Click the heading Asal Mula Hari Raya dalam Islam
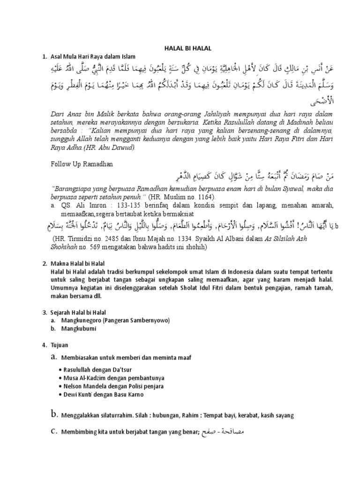click(92, 57)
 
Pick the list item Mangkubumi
click(78, 329)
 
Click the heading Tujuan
click(60, 345)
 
